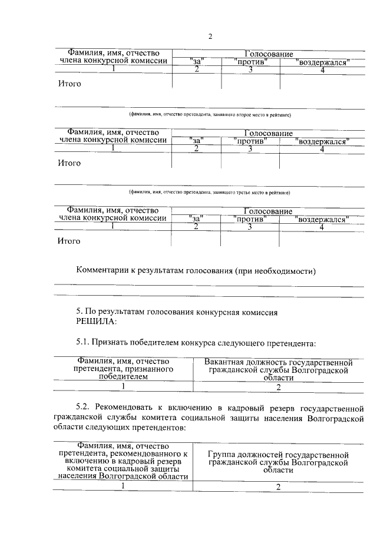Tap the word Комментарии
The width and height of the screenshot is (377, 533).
point(103,272)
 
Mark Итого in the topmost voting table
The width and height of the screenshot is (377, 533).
point(69,84)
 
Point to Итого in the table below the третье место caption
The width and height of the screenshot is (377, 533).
point(69,240)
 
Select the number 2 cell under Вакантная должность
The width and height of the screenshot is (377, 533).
point(278,387)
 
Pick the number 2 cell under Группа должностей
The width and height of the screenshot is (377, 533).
point(278,486)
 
